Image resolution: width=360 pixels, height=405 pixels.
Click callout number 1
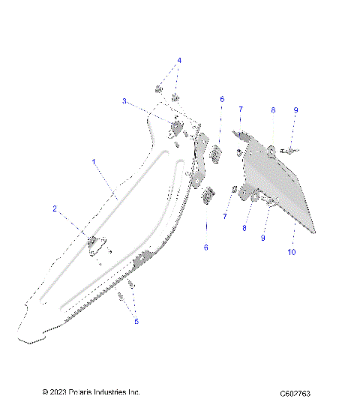coord(94,162)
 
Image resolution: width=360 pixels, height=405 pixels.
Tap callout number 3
coord(124,100)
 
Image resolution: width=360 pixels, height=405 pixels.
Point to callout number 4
coord(179,60)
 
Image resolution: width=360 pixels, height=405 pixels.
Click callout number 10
coord(292,253)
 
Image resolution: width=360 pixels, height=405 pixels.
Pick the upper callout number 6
coord(222,99)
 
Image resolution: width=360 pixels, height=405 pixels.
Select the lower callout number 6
coord(206,247)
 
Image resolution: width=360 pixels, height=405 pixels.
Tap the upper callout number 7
coord(240,109)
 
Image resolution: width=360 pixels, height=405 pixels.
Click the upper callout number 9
coord(296,110)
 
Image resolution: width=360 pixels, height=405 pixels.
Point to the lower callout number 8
coord(244,227)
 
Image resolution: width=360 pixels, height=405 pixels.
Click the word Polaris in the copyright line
coord(82,392)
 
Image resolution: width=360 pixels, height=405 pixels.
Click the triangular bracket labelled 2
coord(95,244)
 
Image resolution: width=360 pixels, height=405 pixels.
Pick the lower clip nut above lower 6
coord(209,196)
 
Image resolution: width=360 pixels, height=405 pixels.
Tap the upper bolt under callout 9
coord(289,151)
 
